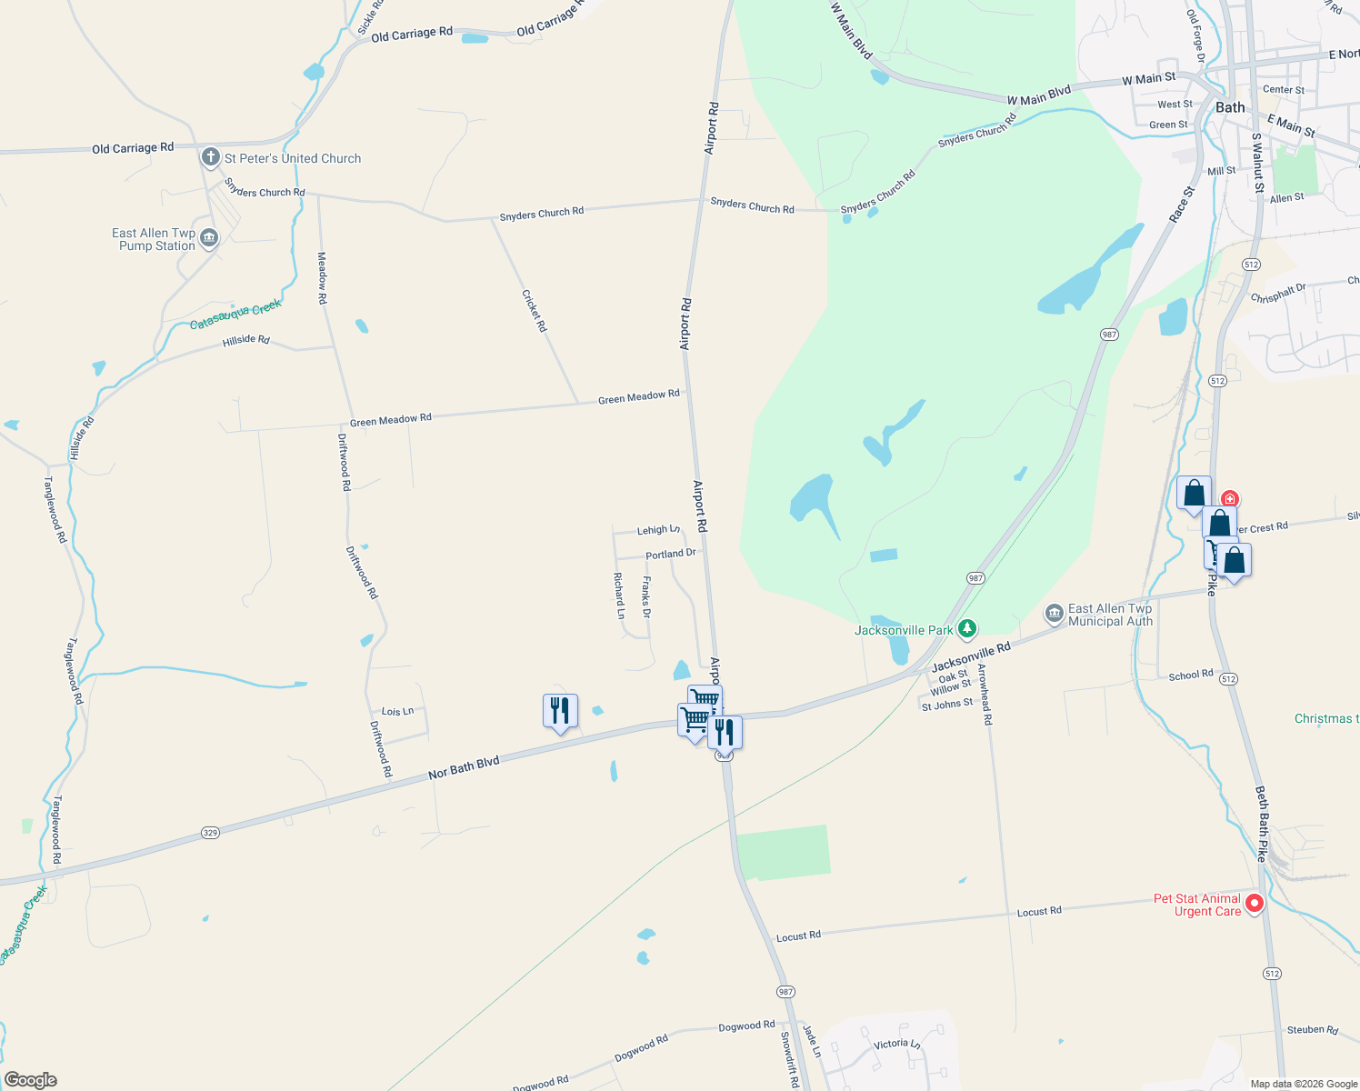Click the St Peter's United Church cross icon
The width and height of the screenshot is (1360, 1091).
(211, 157)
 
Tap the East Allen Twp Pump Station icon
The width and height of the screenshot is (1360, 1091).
(209, 238)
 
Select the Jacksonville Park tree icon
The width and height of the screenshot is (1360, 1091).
(968, 628)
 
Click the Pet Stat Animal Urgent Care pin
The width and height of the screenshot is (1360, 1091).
(1255, 903)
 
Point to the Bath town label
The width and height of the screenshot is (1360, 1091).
(1230, 107)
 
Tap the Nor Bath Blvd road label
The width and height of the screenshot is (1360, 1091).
(464, 767)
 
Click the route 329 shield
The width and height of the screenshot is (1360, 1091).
(210, 833)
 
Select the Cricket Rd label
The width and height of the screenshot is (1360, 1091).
(535, 310)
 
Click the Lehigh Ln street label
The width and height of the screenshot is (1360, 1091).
(658, 530)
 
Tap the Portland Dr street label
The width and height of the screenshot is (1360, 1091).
(671, 554)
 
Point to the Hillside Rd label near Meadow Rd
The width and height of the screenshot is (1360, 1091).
(246, 340)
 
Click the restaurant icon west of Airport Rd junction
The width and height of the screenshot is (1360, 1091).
(560, 710)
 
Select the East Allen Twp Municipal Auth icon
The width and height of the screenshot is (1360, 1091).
(1055, 614)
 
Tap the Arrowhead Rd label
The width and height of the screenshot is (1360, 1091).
(985, 694)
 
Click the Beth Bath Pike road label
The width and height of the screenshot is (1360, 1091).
(1263, 824)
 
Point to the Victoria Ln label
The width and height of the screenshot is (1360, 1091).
(896, 1044)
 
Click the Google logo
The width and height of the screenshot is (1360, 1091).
(31, 1080)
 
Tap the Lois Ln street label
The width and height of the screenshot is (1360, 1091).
(397, 711)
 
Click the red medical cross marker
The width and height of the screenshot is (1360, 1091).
(1230, 498)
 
